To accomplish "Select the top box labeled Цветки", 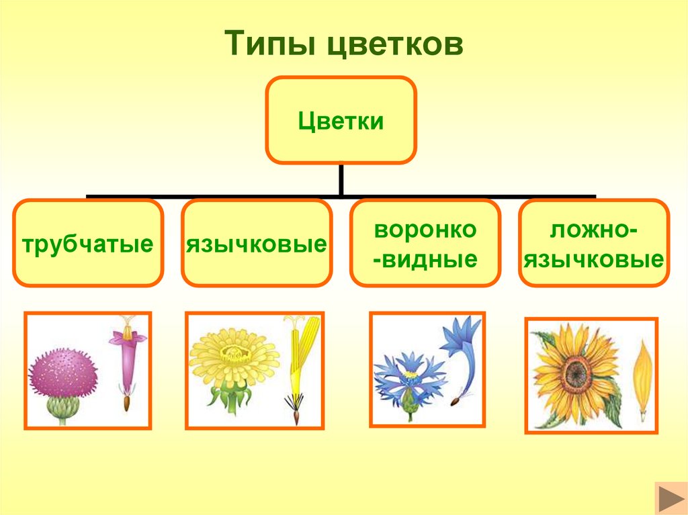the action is coord(341,120).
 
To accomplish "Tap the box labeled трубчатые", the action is coord(87,242).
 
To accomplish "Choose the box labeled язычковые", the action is coord(256,242).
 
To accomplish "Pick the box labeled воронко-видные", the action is coord(425,242).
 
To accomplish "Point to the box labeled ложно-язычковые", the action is coord(593,242).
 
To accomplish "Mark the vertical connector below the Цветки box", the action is coord(341,180).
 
